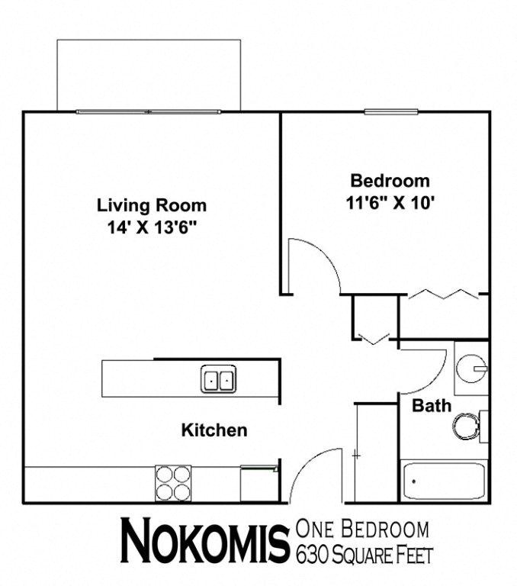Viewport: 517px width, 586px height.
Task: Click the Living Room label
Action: (151, 205)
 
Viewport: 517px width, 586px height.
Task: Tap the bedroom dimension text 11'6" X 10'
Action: (389, 204)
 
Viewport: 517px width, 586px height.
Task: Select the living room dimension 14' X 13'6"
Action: (153, 227)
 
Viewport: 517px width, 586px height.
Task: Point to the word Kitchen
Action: (214, 430)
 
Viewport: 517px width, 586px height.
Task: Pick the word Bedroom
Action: (389, 182)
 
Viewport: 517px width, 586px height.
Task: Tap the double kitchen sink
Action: (219, 378)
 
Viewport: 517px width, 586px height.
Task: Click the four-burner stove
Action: (172, 482)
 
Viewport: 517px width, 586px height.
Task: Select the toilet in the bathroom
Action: (466, 427)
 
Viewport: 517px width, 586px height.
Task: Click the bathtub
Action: (443, 481)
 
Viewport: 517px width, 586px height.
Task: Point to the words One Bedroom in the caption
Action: (362, 529)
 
